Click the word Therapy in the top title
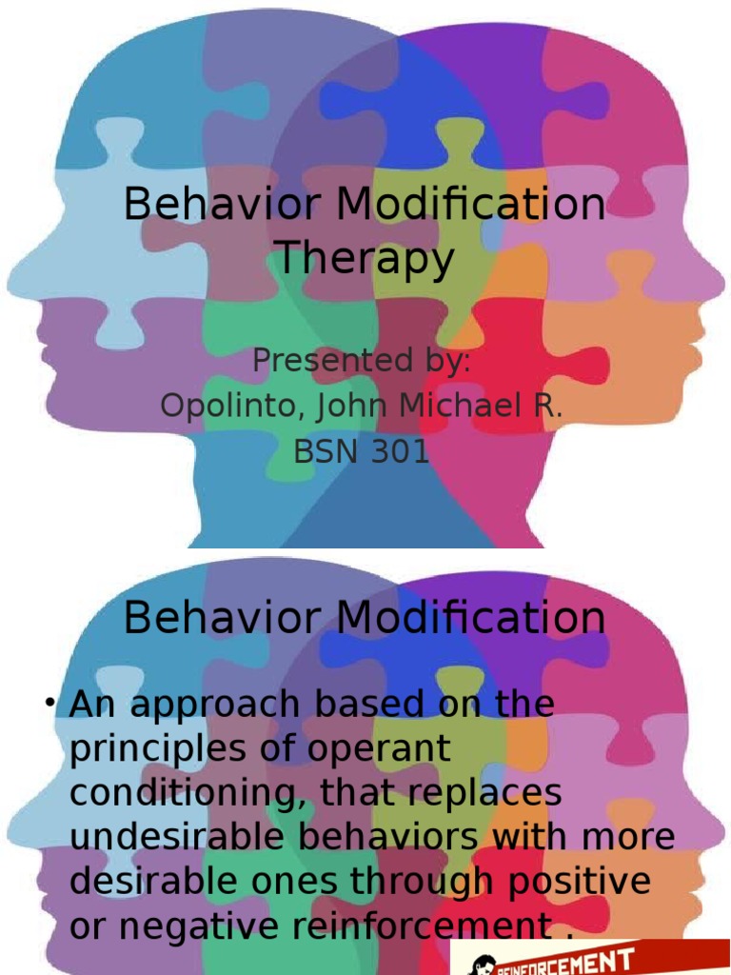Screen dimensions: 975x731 click(365, 260)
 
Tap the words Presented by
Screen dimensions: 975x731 click(362, 363)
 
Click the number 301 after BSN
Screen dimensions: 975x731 click(397, 451)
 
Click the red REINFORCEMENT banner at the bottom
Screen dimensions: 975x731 click(590, 957)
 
